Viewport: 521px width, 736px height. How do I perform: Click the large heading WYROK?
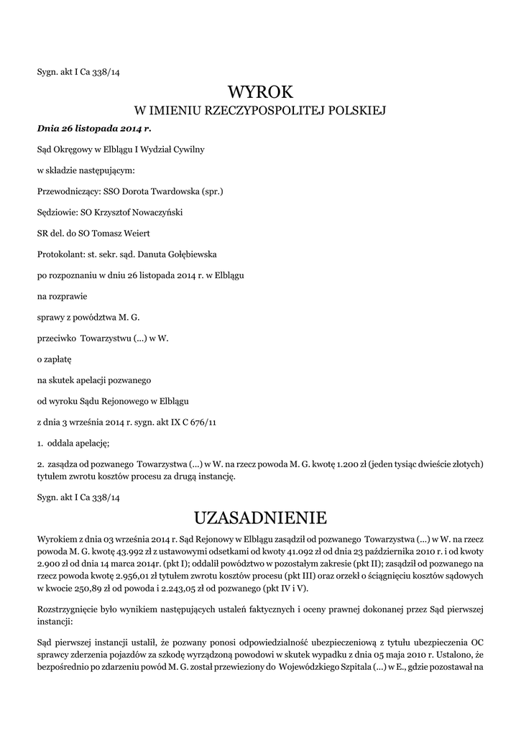click(260, 92)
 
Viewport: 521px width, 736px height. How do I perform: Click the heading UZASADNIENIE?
click(260, 517)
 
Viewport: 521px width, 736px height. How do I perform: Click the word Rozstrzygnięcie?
click(71, 609)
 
